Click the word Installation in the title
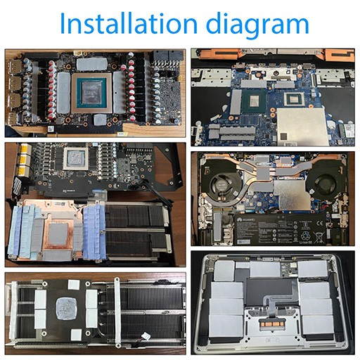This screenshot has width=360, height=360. point(129,23)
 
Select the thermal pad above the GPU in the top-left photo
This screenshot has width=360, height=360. point(92,64)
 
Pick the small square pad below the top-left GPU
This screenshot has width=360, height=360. point(101,120)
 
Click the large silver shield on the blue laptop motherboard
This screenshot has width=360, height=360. point(301,127)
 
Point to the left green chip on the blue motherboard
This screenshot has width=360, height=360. point(254,101)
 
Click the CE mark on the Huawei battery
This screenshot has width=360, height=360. point(317,223)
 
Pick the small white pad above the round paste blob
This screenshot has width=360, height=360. point(75,285)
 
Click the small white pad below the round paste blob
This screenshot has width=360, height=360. point(76,335)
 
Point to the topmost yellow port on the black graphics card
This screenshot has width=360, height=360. point(26,149)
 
